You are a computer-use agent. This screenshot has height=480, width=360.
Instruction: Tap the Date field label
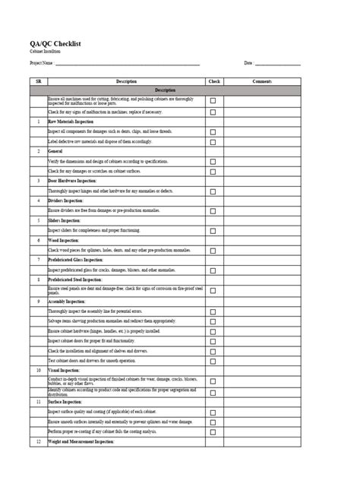(x=248, y=63)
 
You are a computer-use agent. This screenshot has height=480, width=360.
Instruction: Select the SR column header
(x=38, y=81)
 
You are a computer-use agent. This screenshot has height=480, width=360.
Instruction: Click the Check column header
(x=213, y=81)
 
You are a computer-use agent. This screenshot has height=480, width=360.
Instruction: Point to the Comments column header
(x=262, y=81)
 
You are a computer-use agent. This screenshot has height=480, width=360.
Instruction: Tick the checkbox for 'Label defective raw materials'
(x=213, y=141)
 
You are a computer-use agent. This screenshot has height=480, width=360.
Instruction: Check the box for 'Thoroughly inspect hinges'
(x=213, y=191)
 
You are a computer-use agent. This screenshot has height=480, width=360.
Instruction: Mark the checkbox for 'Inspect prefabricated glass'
(x=213, y=270)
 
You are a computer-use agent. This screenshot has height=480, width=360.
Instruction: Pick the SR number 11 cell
(x=38, y=400)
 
